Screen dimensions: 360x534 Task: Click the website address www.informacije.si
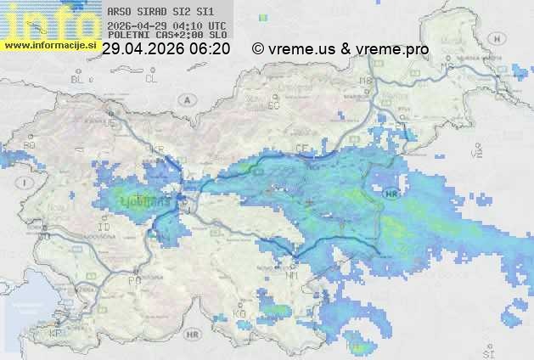[x=49, y=44]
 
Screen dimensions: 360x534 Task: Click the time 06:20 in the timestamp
[x=210, y=49]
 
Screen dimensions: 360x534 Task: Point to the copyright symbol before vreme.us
[x=258, y=49]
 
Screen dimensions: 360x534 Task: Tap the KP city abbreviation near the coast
[x=56, y=334]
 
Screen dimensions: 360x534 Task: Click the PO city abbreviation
[x=133, y=279]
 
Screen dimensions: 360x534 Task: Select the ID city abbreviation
[x=104, y=228]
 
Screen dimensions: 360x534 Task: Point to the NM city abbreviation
[x=293, y=275]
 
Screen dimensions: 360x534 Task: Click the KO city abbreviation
[x=240, y=313]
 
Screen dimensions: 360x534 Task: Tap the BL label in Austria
[x=79, y=79]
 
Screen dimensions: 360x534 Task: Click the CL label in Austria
[x=152, y=79]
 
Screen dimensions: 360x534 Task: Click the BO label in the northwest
[x=29, y=145]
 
